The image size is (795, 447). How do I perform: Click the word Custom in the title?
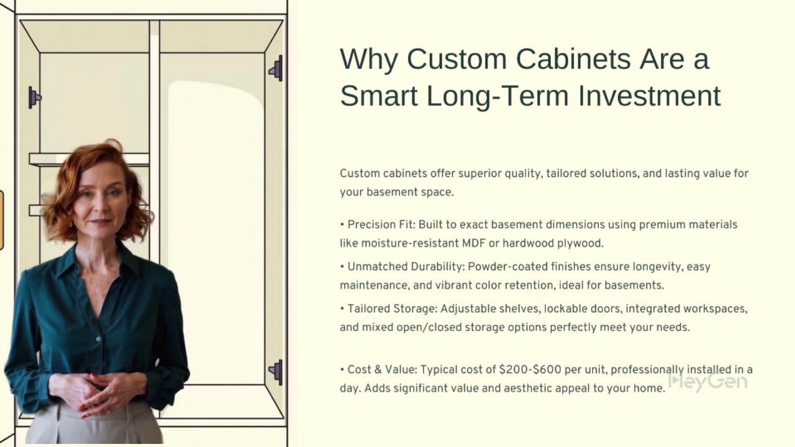[x=457, y=59]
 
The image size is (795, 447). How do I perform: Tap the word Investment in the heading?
[x=650, y=96]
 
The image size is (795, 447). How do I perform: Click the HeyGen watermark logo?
[x=707, y=381]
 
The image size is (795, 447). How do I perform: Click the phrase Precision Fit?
[x=381, y=225]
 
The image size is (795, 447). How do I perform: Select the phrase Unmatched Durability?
[x=406, y=267]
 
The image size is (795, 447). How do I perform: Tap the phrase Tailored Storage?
[x=392, y=309]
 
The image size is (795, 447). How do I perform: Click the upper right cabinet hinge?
[x=276, y=68]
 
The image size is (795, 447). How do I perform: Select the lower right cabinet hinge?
[x=276, y=372]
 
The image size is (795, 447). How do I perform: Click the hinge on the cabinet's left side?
[x=34, y=97]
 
